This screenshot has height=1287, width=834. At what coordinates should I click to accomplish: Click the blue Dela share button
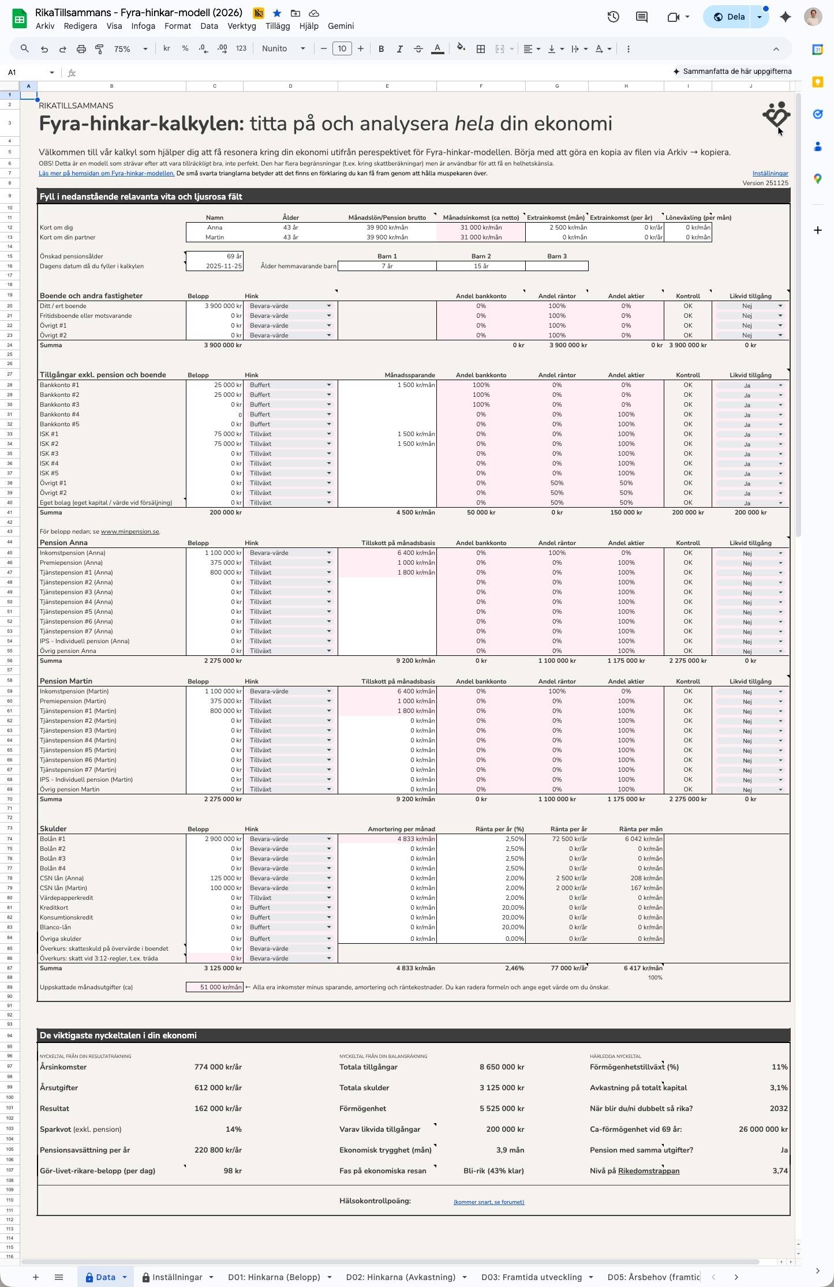(x=730, y=17)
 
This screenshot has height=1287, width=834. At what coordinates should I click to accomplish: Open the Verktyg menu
(x=241, y=26)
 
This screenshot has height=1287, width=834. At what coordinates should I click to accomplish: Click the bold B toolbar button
(x=381, y=49)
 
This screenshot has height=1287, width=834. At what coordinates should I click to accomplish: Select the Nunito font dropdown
(x=283, y=49)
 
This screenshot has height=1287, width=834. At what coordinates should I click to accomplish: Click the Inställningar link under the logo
(x=770, y=173)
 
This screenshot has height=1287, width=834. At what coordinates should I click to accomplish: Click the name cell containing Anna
(x=215, y=227)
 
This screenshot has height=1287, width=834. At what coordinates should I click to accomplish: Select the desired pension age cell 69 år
(x=215, y=256)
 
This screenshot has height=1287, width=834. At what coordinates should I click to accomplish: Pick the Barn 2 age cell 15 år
(x=481, y=266)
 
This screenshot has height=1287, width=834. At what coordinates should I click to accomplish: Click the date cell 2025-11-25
(x=215, y=266)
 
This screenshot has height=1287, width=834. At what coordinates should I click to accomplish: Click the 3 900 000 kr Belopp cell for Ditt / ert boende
(x=215, y=306)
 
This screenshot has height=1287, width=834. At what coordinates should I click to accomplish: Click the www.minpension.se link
(x=130, y=531)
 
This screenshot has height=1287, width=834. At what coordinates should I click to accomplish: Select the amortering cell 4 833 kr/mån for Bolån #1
(x=387, y=839)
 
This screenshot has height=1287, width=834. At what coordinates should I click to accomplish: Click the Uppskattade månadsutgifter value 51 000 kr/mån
(x=215, y=987)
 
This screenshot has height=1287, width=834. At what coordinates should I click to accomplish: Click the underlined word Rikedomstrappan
(x=648, y=1170)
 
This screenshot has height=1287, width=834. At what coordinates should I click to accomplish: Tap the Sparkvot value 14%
(x=233, y=1129)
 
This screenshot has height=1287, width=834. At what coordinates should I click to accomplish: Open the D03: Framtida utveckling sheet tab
(x=531, y=1277)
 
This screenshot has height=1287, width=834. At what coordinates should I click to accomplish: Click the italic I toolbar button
(x=399, y=49)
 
